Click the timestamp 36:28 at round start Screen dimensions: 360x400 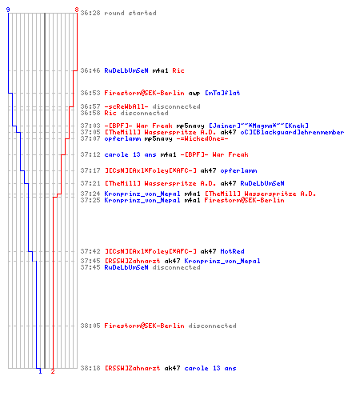(x=90, y=13)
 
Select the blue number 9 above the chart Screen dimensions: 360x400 (x=8, y=10)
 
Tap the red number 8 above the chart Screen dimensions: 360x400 (x=77, y=10)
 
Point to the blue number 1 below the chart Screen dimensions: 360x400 (x=40, y=371)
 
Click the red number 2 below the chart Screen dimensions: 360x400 (x=53, y=371)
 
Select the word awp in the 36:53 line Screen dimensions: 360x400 (x=194, y=94)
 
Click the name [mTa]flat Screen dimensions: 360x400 (x=222, y=93)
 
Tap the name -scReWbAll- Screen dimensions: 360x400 (x=126, y=106)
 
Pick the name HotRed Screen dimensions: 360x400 (x=232, y=251)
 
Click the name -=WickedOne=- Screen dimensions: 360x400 (x=202, y=138)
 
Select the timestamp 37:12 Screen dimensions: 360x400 (x=90, y=154)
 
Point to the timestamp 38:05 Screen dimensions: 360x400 (x=90, y=326)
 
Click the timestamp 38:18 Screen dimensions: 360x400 (x=90, y=368)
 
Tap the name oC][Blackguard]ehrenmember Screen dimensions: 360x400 (x=292, y=132)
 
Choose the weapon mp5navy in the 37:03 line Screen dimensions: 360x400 (x=190, y=126)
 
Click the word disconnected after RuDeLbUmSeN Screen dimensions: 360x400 (x=176, y=267)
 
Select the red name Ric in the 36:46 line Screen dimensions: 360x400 (x=178, y=70)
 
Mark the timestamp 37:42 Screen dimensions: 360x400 (x=90, y=251)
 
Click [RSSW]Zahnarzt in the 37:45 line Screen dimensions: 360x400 (x=132, y=261)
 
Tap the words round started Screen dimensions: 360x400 (x=130, y=13)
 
